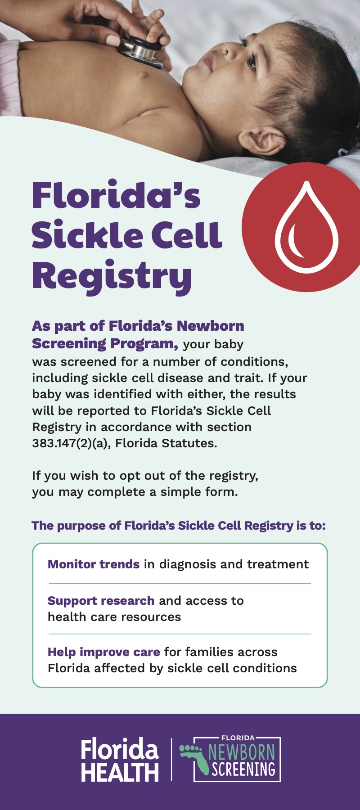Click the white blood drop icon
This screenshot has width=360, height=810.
(x=306, y=227)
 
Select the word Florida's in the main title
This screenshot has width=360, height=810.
(x=116, y=195)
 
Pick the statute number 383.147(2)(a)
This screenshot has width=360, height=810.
(x=72, y=443)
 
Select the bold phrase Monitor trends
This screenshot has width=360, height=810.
(x=94, y=564)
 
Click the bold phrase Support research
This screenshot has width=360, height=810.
(x=101, y=601)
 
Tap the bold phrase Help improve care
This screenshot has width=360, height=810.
(x=104, y=652)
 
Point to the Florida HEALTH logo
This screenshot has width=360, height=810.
(x=120, y=760)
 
